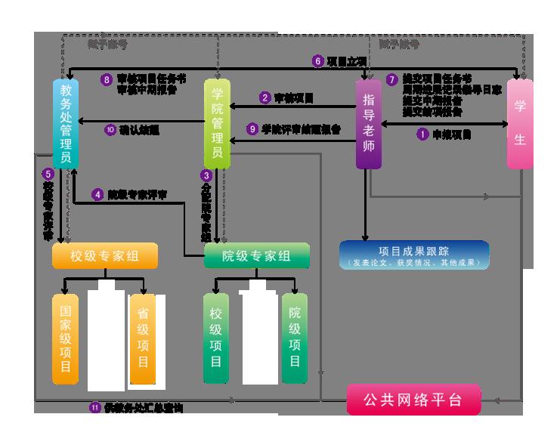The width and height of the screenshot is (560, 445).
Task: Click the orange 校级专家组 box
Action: (x=104, y=256)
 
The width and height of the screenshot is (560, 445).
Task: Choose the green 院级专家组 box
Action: (x=257, y=256)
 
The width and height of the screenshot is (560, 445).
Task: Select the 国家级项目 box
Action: (x=65, y=338)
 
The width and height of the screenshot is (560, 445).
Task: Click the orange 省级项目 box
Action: (x=143, y=338)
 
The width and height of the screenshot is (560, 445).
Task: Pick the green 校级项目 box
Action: (x=216, y=338)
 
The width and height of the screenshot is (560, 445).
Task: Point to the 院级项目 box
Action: (x=295, y=338)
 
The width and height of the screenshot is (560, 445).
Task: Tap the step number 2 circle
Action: (x=265, y=97)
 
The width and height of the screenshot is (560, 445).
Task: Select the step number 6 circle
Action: (x=317, y=60)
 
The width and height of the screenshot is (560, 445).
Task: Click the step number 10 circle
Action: (x=111, y=129)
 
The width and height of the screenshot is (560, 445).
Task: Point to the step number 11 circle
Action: (x=94, y=407)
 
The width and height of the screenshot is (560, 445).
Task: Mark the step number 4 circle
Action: (x=97, y=194)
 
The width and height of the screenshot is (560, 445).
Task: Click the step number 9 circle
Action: (x=253, y=128)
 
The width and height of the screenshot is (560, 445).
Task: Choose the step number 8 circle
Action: (x=107, y=79)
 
